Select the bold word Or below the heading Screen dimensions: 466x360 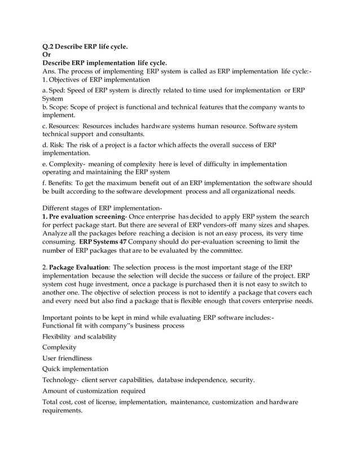pos(47,55)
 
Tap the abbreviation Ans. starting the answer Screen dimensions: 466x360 pos(51,71)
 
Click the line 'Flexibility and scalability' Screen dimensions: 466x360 pos(80,336)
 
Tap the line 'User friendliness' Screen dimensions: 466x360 pos(69,358)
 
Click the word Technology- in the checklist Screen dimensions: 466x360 pos(62,380)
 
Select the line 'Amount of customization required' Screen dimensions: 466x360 pos(94,391)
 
